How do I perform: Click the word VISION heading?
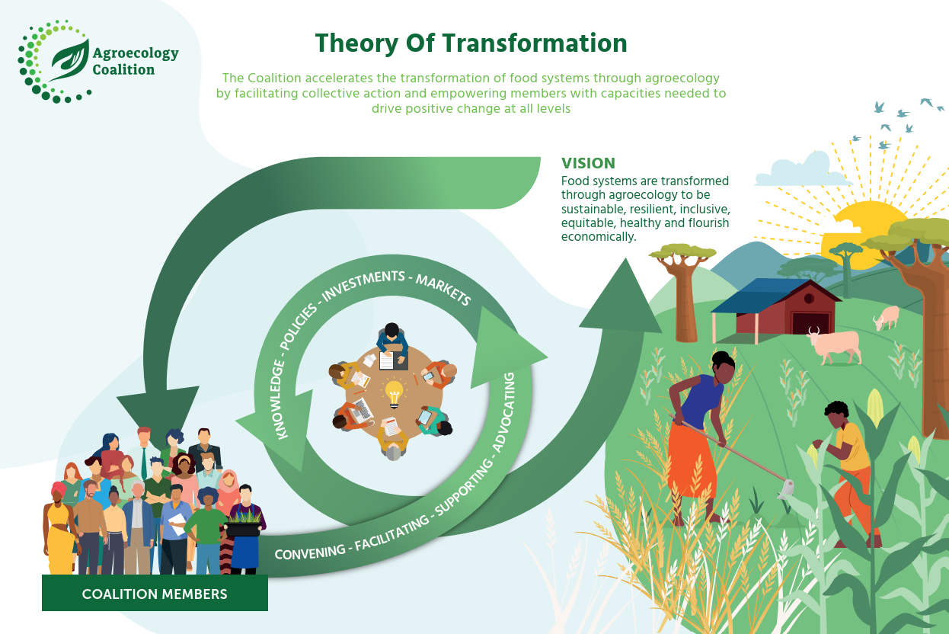point(588,163)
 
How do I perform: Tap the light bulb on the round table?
point(394,393)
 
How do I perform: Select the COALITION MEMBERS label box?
point(155,593)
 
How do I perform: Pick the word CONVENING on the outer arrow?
point(309,549)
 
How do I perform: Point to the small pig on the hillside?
point(887,316)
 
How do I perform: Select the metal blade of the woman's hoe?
point(786,488)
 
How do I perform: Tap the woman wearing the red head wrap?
point(60,526)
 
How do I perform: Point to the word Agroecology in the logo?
point(135,53)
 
